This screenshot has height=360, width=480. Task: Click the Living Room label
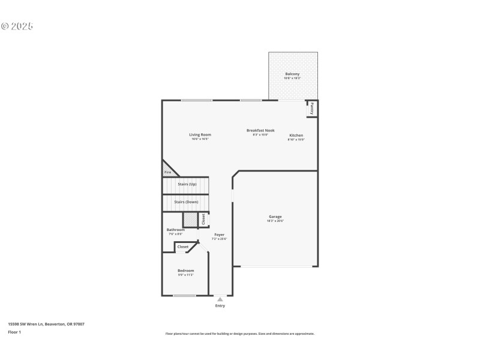pyautogui.click(x=200, y=134)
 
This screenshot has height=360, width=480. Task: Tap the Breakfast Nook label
pyautogui.click(x=260, y=130)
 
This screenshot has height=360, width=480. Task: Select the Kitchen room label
pyautogui.click(x=296, y=136)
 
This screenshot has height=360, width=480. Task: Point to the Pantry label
pyautogui.click(x=312, y=109)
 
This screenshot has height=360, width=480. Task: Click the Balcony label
pyautogui.click(x=292, y=74)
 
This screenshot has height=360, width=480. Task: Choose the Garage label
pyautogui.click(x=275, y=217)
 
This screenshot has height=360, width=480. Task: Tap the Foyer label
pyautogui.click(x=219, y=235)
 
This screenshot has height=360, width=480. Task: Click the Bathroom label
pyautogui.click(x=175, y=230)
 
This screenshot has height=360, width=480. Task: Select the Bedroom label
pyautogui.click(x=185, y=271)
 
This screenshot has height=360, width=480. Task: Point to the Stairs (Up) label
pyautogui.click(x=187, y=184)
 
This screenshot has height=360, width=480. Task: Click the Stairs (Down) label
pyautogui.click(x=186, y=202)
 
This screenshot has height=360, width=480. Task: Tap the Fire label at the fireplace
pyautogui.click(x=167, y=173)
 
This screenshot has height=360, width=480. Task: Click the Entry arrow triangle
pyautogui.click(x=220, y=299)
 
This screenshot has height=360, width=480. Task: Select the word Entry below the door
pyautogui.click(x=220, y=306)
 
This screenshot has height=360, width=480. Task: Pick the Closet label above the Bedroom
pyautogui.click(x=183, y=247)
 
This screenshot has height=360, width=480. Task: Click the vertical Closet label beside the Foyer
pyautogui.click(x=203, y=220)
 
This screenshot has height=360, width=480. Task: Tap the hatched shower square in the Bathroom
pyautogui.click(x=190, y=220)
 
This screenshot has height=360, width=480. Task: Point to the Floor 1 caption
pyautogui.click(x=14, y=332)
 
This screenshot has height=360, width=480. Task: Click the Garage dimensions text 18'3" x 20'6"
pyautogui.click(x=275, y=221)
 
